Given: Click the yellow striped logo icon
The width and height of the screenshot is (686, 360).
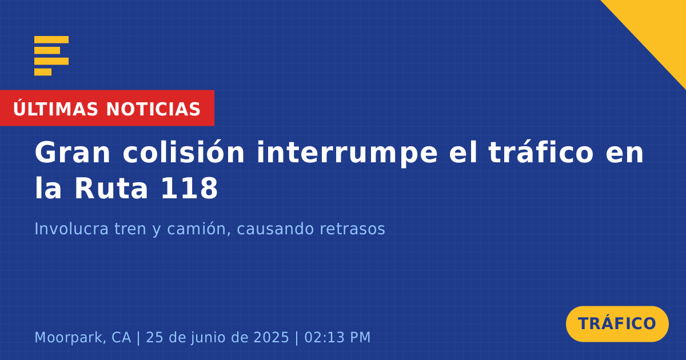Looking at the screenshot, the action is point(51,56).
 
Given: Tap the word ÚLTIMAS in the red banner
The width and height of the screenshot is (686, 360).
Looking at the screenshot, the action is point(55,109).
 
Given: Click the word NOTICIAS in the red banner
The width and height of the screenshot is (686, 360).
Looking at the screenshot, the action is point(153,109).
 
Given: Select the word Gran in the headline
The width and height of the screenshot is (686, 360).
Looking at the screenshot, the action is point(72,153).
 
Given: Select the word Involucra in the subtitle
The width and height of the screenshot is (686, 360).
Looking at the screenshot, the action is point(71,229).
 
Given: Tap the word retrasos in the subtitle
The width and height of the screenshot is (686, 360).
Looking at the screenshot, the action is point(352,229).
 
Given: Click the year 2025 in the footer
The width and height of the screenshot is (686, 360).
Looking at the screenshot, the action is point(272,338).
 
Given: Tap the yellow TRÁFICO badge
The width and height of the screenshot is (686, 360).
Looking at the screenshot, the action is point(617,324).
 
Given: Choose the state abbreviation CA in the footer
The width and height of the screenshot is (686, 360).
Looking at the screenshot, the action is point(121,338).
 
